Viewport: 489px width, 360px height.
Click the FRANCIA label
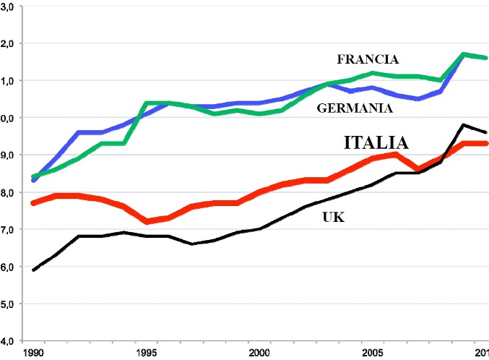click(x=368, y=59)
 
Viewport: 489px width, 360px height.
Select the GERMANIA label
click(x=355, y=108)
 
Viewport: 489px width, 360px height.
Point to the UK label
click(x=333, y=216)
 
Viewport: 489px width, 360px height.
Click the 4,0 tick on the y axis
click(x=13, y=340)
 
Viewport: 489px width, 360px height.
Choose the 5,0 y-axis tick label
click(x=13, y=304)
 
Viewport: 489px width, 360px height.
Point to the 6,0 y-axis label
click(x=13, y=267)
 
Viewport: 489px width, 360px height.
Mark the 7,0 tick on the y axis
click(x=13, y=229)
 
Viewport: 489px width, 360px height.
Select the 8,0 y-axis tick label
click(x=13, y=192)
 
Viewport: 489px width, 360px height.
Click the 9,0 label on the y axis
click(x=13, y=155)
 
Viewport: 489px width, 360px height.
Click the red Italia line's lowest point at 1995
click(x=147, y=221)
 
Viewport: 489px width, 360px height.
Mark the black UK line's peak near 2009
click(x=462, y=125)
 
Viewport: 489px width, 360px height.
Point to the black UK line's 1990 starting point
click(x=34, y=270)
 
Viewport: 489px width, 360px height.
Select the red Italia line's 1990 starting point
click(x=34, y=203)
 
